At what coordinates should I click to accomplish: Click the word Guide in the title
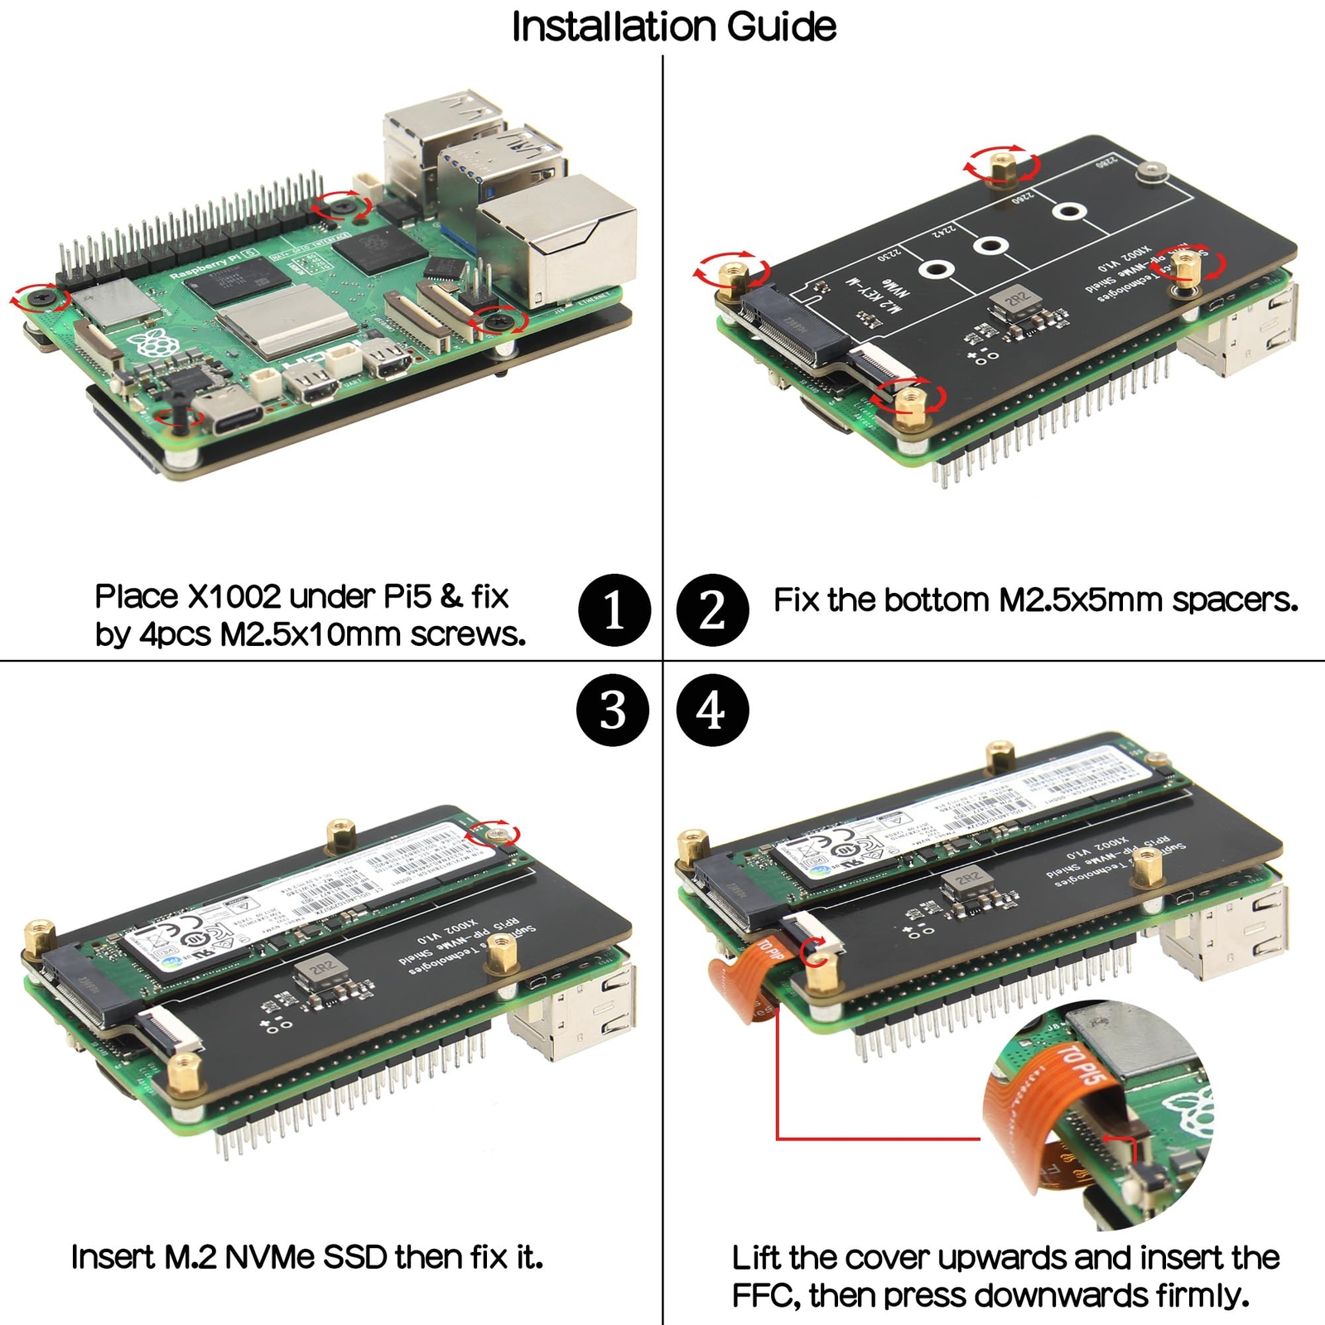point(782,26)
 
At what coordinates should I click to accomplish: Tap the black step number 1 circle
point(614,610)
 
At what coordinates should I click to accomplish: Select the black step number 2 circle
point(712,610)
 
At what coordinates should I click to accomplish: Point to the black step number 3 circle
point(613,711)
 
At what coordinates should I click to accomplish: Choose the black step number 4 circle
point(712,711)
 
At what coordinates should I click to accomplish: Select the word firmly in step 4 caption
point(1206,1295)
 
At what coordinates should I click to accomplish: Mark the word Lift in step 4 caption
point(756,1258)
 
